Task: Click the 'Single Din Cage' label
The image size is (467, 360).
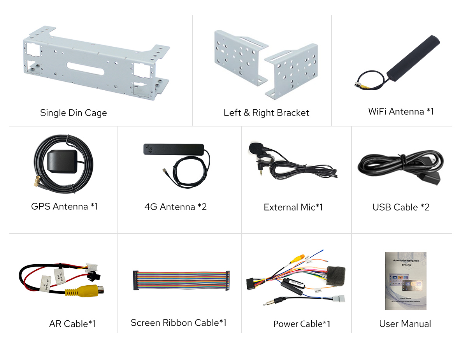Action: (x=73, y=113)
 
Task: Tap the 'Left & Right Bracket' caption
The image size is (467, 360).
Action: (x=266, y=113)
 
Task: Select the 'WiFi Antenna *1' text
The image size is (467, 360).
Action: (x=400, y=112)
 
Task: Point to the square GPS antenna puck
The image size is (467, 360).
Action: (x=62, y=161)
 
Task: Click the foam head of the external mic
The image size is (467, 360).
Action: (x=256, y=148)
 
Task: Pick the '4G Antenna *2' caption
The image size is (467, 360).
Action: (x=175, y=207)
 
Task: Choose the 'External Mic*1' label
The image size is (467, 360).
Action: (x=293, y=207)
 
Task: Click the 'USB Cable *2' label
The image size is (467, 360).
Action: (x=401, y=207)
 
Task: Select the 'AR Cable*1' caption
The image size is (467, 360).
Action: (x=72, y=324)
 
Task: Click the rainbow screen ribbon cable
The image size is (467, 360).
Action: (x=181, y=281)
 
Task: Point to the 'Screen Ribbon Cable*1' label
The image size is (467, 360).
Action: (x=179, y=323)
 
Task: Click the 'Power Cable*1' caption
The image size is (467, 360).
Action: (x=302, y=324)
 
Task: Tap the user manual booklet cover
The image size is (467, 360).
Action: (x=406, y=281)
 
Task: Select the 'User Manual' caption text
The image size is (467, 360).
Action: (x=405, y=324)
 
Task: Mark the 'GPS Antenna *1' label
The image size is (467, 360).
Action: (x=64, y=206)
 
